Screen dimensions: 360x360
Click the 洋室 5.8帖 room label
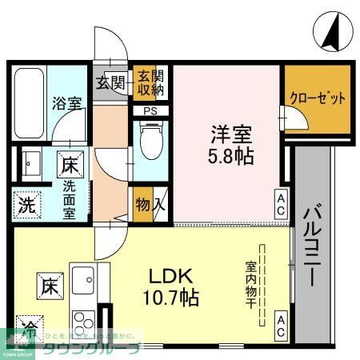[x=228, y=144]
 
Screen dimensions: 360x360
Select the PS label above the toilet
[x=150, y=110]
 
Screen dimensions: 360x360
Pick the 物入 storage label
[x=150, y=204]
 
